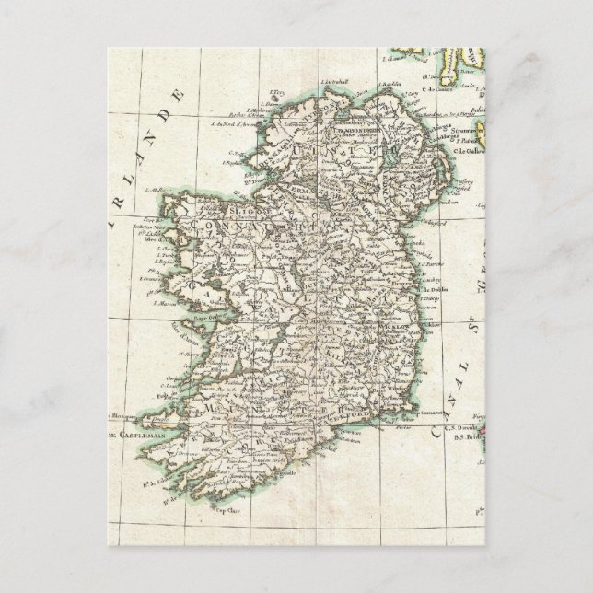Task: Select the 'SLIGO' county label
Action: tap(204, 209)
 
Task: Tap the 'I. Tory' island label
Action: tap(276, 94)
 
